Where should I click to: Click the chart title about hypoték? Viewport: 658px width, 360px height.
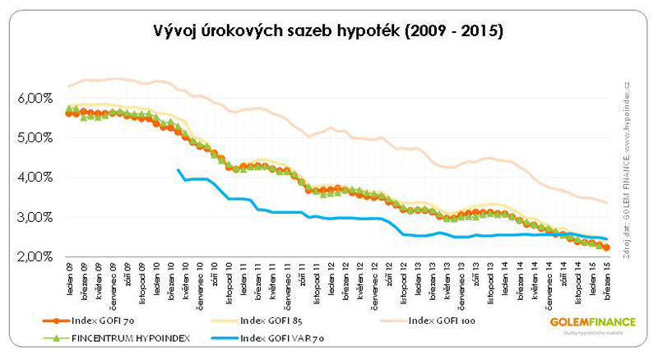pyautogui.click(x=328, y=31)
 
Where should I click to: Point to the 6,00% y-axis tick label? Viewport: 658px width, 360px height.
pyautogui.click(x=35, y=98)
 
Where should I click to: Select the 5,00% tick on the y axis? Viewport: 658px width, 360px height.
pyautogui.click(x=35, y=137)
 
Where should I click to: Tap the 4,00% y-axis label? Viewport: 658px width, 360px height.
pyautogui.click(x=35, y=177)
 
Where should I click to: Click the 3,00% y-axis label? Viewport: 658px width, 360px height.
pyautogui.click(x=35, y=217)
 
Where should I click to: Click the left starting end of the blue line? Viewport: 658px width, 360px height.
pyautogui.click(x=178, y=169)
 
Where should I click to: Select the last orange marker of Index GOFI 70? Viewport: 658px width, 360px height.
pyautogui.click(x=607, y=247)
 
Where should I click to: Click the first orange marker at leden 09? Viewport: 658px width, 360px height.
pyautogui.click(x=69, y=113)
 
